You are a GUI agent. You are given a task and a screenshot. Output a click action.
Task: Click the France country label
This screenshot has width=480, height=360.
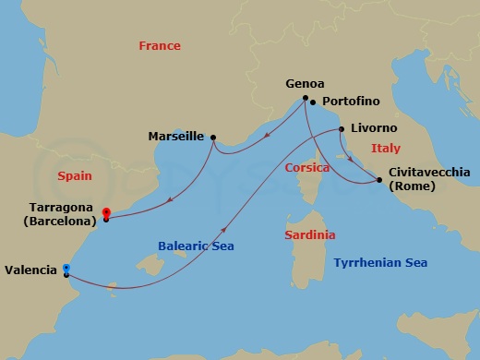point(160,46)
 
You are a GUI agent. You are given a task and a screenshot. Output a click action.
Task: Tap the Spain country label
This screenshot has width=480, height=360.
point(75,174)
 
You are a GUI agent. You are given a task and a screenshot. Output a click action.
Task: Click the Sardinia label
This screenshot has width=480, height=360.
point(310,235)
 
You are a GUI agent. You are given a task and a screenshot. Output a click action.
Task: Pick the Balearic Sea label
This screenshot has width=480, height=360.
point(196,246)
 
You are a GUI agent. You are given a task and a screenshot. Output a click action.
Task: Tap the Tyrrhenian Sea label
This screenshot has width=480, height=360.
point(380,263)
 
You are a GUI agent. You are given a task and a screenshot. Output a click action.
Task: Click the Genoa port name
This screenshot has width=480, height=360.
point(306,83)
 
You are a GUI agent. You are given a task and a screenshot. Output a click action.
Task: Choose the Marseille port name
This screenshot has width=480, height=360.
point(175,137)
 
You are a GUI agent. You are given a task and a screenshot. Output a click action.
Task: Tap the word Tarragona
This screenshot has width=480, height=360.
point(57,208)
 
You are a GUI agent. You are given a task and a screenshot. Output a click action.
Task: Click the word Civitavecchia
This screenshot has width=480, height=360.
point(430,172)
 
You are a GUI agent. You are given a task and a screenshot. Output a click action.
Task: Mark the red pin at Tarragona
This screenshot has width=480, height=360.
point(106,212)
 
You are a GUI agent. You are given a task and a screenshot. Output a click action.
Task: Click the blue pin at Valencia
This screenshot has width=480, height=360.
point(66,269)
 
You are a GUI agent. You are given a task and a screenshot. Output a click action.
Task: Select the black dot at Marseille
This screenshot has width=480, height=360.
point(213,137)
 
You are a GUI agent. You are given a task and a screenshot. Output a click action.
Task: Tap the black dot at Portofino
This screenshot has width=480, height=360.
point(314,102)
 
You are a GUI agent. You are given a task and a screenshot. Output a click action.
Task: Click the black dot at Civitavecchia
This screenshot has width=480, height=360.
point(380,179)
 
